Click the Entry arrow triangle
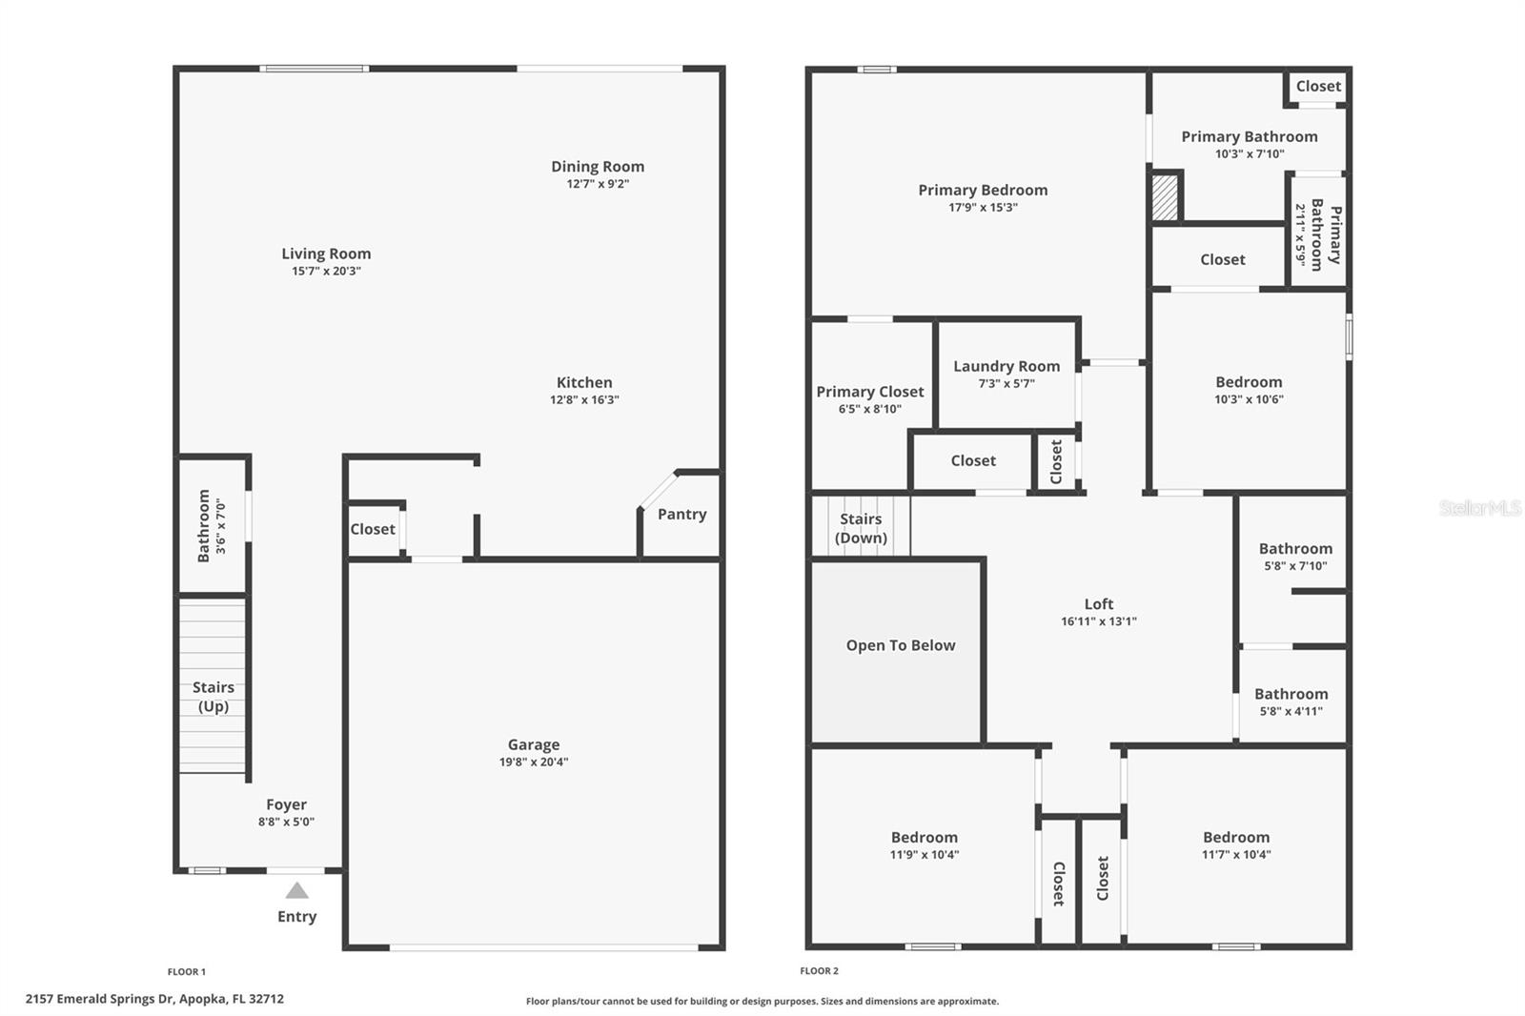point(296,891)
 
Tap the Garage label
point(533,744)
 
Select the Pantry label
point(681,514)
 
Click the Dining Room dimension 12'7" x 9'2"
point(598,184)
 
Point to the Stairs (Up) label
point(213,697)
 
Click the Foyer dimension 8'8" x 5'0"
point(286,822)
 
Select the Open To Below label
point(900,645)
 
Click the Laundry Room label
point(1006,366)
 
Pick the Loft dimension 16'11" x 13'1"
point(1098,621)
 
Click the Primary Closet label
point(869,392)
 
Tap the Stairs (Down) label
point(861,528)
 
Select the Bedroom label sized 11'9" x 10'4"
point(924,837)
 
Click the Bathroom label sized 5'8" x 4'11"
point(1291,694)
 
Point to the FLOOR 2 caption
point(819,971)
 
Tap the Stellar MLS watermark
point(1479,508)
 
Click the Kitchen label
point(584,382)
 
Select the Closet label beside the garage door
point(372,529)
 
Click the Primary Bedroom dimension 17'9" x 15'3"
point(983,208)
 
